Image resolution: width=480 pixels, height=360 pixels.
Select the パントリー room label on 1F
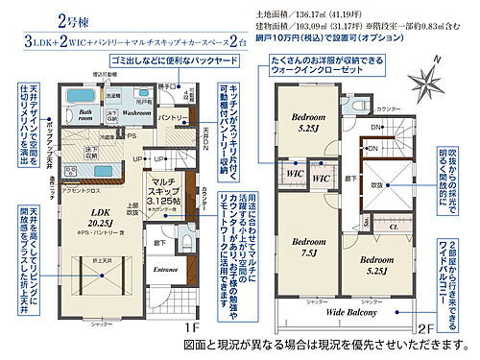click(171, 117)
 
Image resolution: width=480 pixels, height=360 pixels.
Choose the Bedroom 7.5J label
click(309, 247)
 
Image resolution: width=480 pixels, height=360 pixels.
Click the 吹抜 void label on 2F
click(377, 184)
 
